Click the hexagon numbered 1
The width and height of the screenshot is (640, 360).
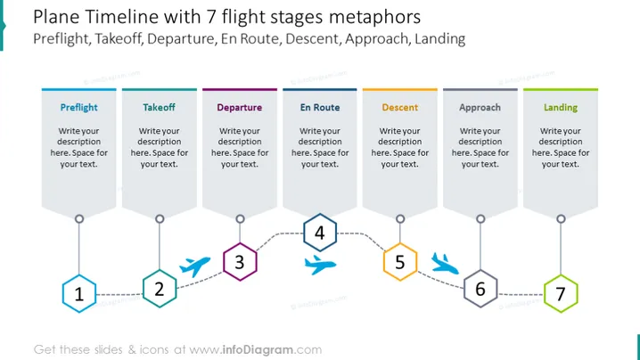click(79, 294)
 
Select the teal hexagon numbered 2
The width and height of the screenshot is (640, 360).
click(160, 289)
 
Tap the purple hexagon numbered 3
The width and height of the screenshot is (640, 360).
click(240, 262)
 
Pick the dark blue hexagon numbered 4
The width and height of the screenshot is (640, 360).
click(320, 233)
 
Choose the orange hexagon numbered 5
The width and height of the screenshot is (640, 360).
click(400, 262)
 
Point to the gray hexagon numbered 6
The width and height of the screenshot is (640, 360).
click(480, 289)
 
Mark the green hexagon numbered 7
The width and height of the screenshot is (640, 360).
click(561, 294)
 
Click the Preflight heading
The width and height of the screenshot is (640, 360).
click(78, 107)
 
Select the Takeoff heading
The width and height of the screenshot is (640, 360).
click(159, 107)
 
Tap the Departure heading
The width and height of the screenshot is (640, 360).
click(240, 107)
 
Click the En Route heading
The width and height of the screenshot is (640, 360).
click(320, 107)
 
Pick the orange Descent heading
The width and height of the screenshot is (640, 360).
click(400, 107)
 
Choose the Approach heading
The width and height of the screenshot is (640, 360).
click(480, 107)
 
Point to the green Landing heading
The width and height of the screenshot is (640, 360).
click(561, 107)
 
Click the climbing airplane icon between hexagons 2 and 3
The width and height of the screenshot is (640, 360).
click(195, 266)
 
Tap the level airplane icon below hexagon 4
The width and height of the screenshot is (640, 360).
click(320, 265)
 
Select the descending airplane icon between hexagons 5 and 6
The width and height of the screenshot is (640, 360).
click(445, 264)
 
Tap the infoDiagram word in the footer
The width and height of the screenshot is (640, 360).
click(258, 350)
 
